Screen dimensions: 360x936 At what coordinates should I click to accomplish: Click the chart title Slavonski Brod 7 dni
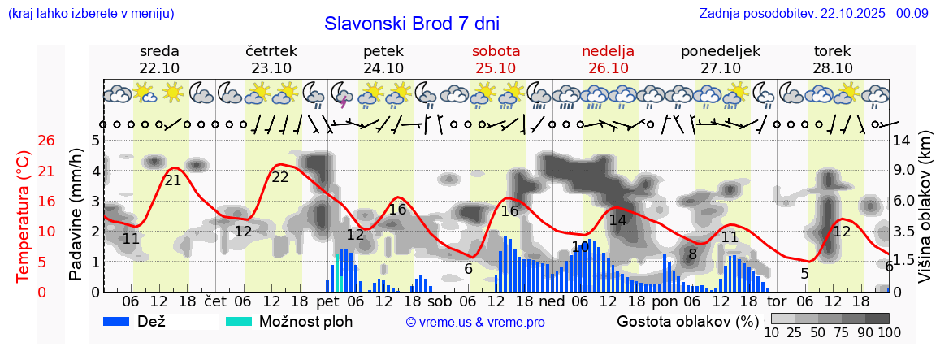[x=412, y=23]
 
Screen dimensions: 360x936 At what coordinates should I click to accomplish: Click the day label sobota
[x=496, y=50]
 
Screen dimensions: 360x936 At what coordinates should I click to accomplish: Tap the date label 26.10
[x=608, y=68]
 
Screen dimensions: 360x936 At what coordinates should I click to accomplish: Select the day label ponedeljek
[x=721, y=50]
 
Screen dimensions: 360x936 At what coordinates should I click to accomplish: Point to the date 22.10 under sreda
[x=159, y=68]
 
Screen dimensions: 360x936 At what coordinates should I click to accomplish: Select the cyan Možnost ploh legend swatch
[x=239, y=321]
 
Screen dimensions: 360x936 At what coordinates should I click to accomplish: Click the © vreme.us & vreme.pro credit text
[x=475, y=322]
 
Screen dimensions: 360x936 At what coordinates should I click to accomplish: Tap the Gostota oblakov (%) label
[x=687, y=321]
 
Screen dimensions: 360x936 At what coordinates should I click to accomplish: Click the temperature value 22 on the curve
[x=279, y=176]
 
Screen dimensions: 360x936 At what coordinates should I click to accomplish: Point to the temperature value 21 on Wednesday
[x=173, y=180]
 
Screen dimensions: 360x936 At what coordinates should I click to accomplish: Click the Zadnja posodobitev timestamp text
[x=813, y=13]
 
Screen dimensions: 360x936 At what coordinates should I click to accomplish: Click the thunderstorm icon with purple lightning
[x=341, y=95]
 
